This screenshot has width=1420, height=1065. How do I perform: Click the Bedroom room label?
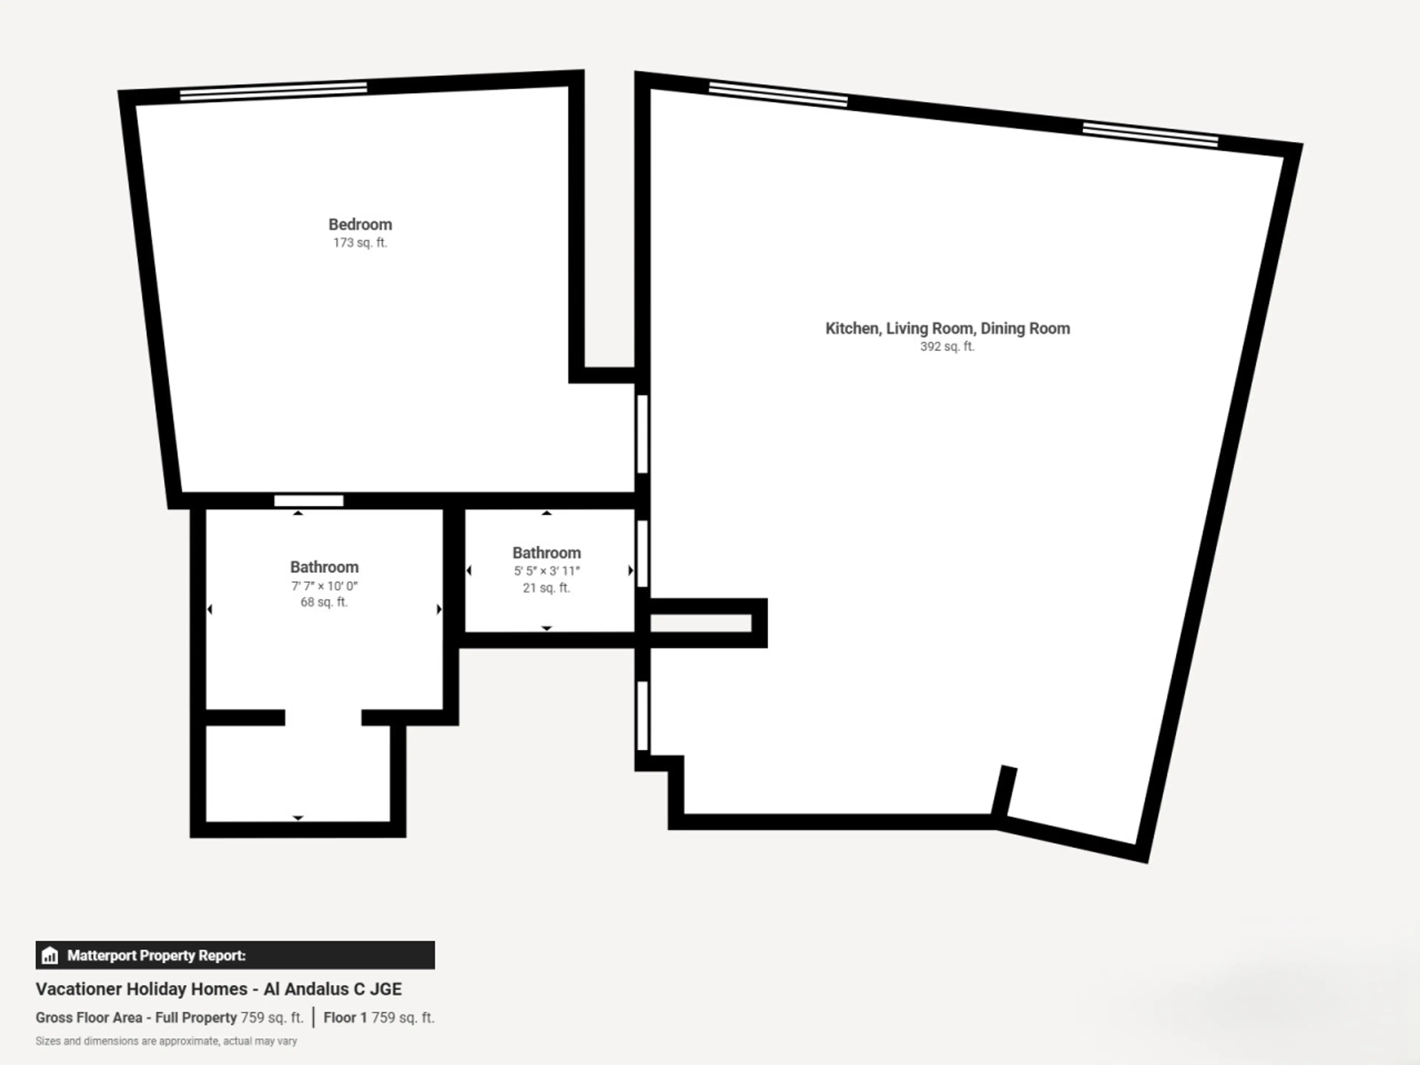tap(360, 225)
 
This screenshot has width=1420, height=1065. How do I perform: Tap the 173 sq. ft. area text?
tap(360, 243)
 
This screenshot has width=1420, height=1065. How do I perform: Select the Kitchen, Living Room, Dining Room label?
tap(947, 329)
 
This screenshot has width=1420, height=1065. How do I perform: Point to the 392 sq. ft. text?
tap(947, 346)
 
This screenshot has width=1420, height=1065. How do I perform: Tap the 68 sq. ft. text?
tap(324, 602)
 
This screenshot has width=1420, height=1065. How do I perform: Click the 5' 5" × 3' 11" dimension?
tap(546, 571)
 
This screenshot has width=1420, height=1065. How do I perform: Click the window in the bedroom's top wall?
tap(274, 91)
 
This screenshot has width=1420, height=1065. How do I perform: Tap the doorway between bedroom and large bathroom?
tap(309, 501)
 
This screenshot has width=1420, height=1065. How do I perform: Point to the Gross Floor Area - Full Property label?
tap(136, 1018)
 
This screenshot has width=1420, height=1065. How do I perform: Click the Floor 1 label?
tap(345, 1018)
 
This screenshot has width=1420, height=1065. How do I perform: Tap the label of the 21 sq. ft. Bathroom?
tap(546, 553)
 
